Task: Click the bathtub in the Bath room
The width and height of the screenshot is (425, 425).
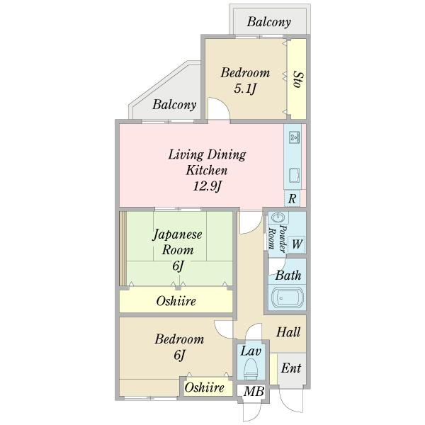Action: pyautogui.click(x=287, y=298)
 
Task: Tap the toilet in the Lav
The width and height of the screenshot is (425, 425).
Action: pyautogui.click(x=251, y=368)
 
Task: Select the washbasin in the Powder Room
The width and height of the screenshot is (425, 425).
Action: pyautogui.click(x=278, y=217)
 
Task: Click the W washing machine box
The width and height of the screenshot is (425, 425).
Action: pyautogui.click(x=297, y=244)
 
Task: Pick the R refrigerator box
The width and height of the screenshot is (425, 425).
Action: pyautogui.click(x=292, y=198)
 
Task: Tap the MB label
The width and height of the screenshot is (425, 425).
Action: pyautogui.click(x=254, y=391)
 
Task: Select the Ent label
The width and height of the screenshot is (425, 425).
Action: pyautogui.click(x=291, y=368)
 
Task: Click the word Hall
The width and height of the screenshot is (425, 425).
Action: pyautogui.click(x=288, y=331)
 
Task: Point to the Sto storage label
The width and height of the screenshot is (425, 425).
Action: pyautogui.click(x=298, y=79)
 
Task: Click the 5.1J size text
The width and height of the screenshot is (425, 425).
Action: pyautogui.click(x=245, y=89)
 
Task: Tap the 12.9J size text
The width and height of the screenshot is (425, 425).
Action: pyautogui.click(x=208, y=186)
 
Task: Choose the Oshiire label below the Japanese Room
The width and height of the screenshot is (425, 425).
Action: pyautogui.click(x=176, y=301)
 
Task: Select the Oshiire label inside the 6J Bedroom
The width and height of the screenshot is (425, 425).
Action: pyautogui.click(x=205, y=387)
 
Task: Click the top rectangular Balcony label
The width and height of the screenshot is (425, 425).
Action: pyautogui.click(x=269, y=22)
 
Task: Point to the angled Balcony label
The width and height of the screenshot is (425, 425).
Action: pyautogui.click(x=174, y=105)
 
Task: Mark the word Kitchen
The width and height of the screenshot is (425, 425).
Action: pyautogui.click(x=207, y=170)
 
